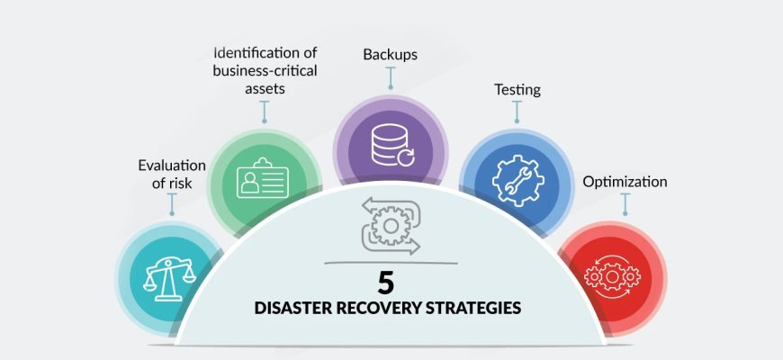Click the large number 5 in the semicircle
pos(386,283)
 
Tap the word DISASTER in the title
pos(293,308)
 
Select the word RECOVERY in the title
pos(380,308)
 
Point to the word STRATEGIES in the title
pos(474,308)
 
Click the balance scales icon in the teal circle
pos(169,280)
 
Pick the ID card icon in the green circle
pos(263,178)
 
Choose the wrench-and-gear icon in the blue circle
pos(517,181)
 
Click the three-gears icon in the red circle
pos(612,276)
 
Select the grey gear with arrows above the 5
pos(391,226)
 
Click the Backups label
pos(390,54)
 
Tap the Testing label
pos(517,90)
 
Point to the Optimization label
pos(625,182)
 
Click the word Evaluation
pos(172,166)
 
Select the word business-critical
pos(265,70)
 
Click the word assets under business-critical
pos(265,89)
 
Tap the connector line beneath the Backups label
pos(391,78)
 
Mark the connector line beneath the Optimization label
pos(625,204)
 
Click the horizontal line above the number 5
pos(391,263)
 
